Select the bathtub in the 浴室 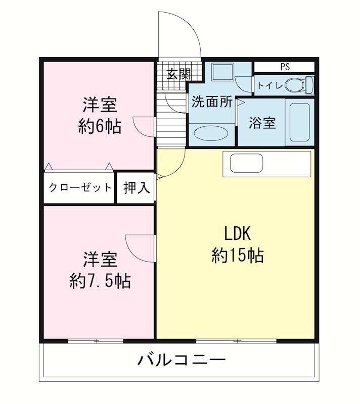[x=299, y=122]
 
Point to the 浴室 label [x=262, y=123]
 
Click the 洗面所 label [x=212, y=102]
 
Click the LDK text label [x=238, y=234]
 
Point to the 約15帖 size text [x=238, y=256]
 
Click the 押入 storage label [x=137, y=188]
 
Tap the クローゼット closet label [x=80, y=188]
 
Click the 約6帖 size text [x=100, y=126]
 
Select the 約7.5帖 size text [x=100, y=281]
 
